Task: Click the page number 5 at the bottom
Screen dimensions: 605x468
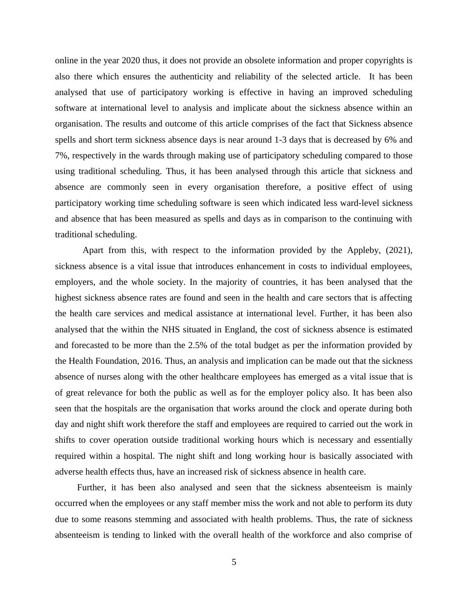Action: pos(234,562)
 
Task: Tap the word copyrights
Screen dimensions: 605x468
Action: pos(384,60)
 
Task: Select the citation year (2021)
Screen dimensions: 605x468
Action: pos(399,250)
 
